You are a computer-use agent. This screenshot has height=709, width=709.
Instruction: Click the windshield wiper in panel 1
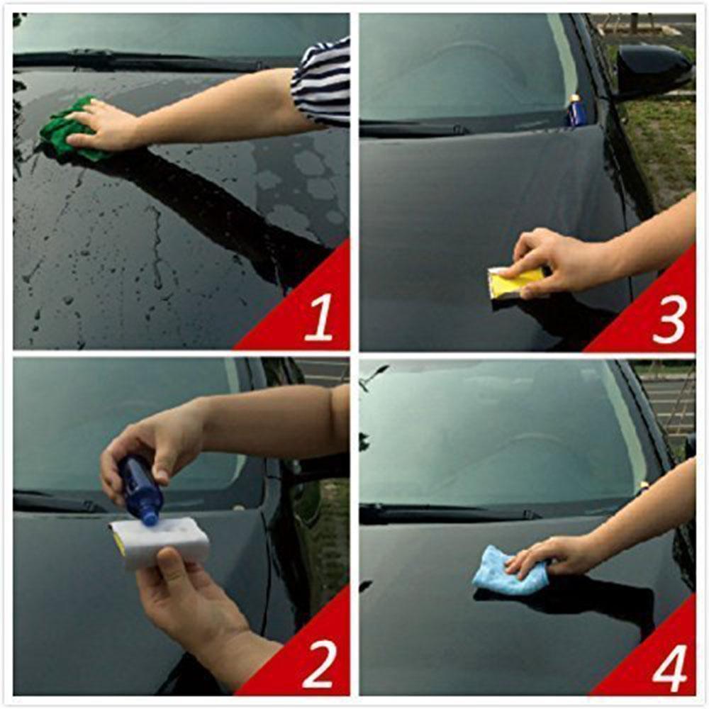click(x=142, y=62)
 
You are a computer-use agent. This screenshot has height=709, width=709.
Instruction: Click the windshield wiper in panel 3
click(x=418, y=128)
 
